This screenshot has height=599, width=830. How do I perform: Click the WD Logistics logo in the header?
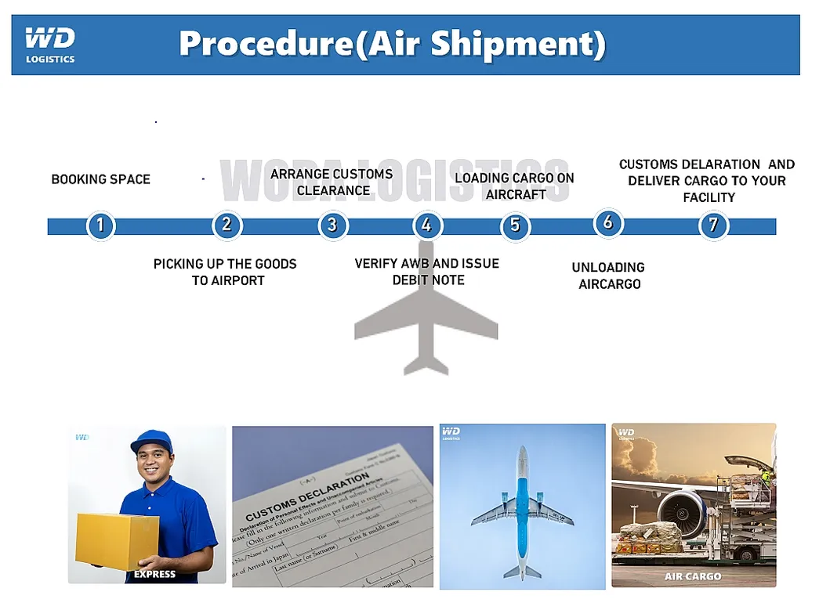point(50,45)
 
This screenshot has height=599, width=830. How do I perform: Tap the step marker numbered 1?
point(100,226)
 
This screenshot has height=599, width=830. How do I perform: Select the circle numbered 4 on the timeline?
point(426,226)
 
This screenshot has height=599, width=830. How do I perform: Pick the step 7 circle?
point(712,226)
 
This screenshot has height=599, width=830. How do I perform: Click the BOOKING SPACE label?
point(100,179)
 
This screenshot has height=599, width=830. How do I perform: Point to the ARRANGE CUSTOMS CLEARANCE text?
point(332,182)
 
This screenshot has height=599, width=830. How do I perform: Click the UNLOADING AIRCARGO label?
point(609,276)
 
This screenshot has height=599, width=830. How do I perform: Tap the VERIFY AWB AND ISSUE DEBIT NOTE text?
point(427,272)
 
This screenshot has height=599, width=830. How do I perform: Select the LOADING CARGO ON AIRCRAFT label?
point(515,186)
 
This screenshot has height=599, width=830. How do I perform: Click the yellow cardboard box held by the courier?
point(117,539)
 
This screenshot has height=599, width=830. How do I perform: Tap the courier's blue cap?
point(150,440)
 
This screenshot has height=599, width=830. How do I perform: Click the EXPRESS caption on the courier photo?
point(154,575)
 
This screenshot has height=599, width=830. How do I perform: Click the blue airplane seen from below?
point(522,509)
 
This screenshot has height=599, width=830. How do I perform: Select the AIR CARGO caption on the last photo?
point(693,576)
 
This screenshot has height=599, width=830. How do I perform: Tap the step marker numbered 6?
point(608,223)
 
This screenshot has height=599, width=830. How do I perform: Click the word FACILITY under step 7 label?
point(709,197)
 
